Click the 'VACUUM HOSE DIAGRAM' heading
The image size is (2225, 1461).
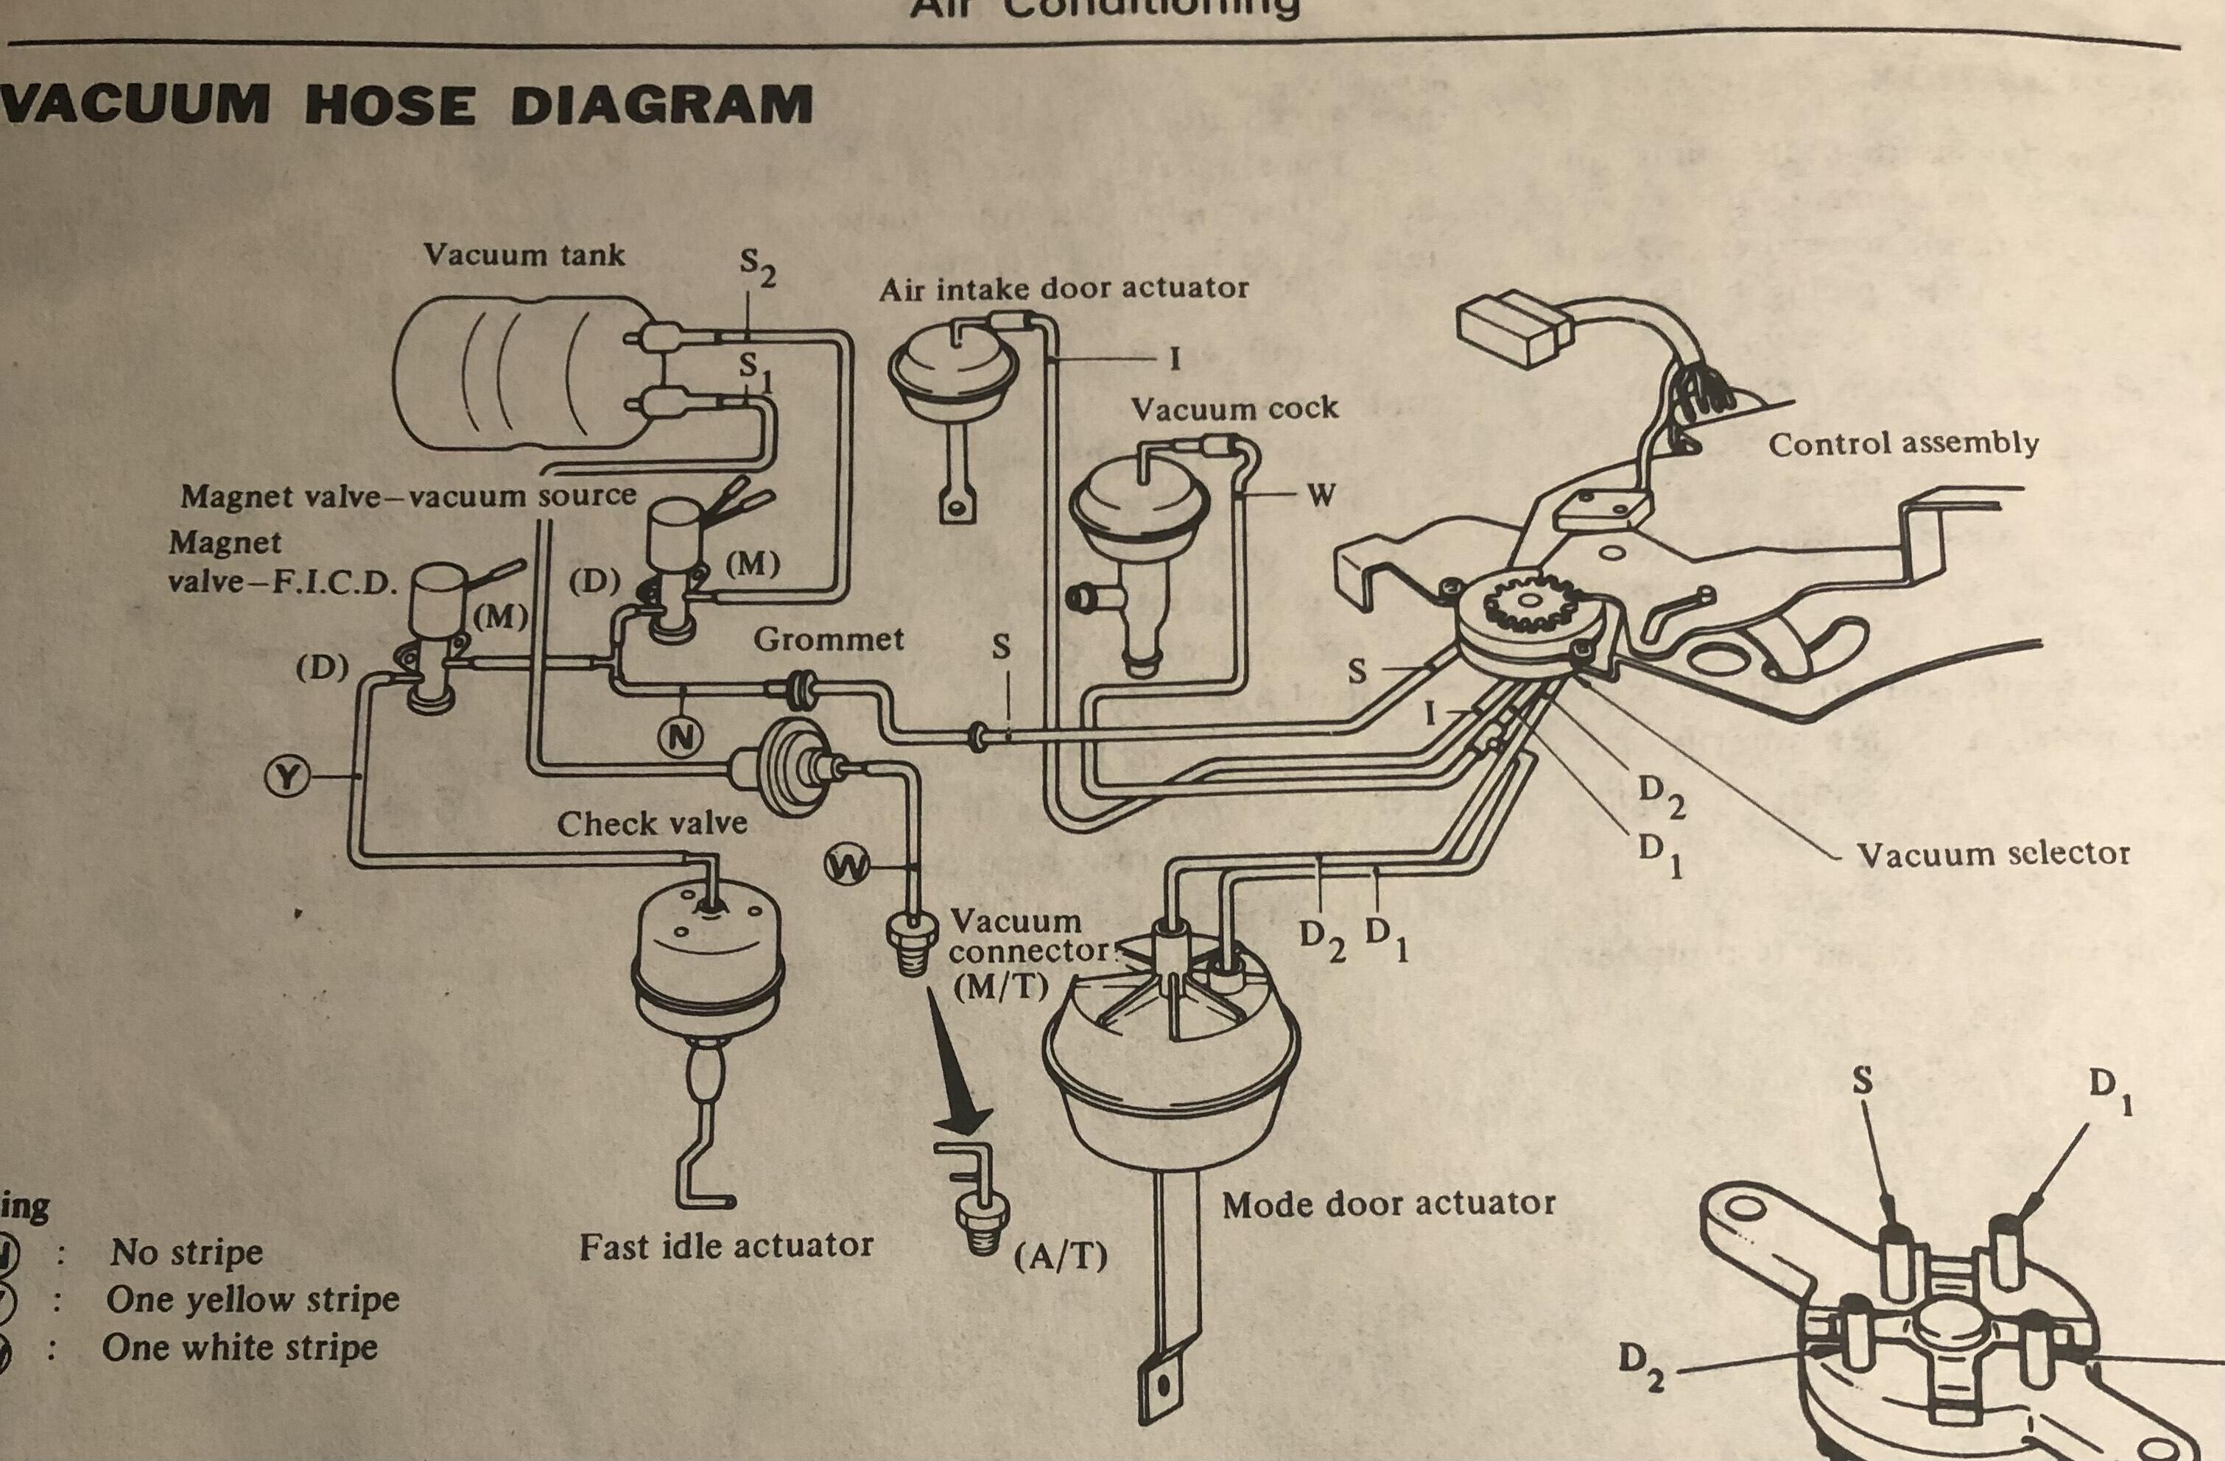tap(407, 105)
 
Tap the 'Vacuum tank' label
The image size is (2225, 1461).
tap(524, 254)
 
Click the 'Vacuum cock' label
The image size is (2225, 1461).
tap(1234, 409)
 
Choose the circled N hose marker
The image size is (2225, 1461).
tap(681, 739)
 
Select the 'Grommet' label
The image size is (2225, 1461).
tap(829, 639)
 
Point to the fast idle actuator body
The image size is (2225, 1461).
tap(708, 968)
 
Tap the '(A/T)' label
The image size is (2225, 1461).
tap(1060, 1257)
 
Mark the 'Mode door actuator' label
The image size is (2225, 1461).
tap(1388, 1204)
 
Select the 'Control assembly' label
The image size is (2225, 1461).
tap(1902, 443)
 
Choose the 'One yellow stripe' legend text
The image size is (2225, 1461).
tap(253, 1299)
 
